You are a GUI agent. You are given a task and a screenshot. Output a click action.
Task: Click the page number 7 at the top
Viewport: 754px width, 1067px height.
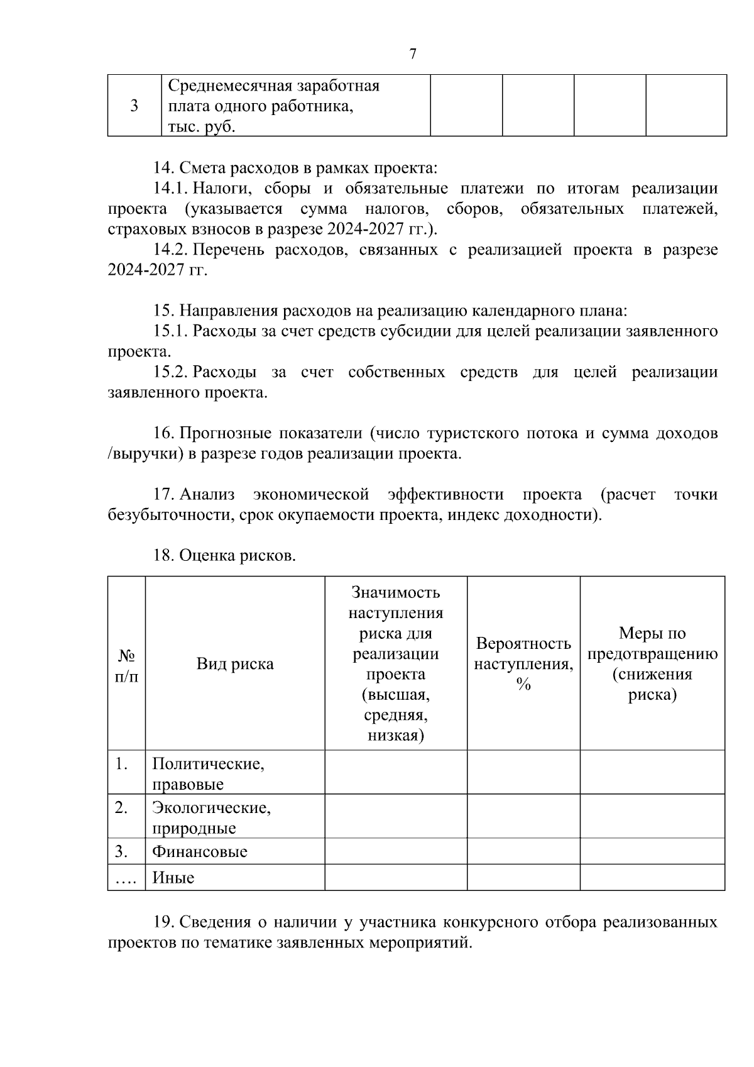pyautogui.click(x=413, y=54)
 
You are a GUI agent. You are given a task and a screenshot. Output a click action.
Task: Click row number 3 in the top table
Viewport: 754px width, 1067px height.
pyautogui.click(x=134, y=106)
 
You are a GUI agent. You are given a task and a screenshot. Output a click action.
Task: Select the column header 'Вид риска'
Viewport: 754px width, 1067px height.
pyautogui.click(x=235, y=664)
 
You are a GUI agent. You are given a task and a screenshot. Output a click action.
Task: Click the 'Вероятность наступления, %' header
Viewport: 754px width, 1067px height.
pyautogui.click(x=523, y=664)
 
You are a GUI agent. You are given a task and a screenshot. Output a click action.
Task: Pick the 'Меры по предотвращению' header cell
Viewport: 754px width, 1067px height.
pyautogui.click(x=652, y=664)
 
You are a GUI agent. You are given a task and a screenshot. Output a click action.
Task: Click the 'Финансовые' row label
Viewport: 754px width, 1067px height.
pyautogui.click(x=200, y=852)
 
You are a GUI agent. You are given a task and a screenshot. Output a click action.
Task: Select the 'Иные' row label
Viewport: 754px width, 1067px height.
pyautogui.click(x=173, y=878)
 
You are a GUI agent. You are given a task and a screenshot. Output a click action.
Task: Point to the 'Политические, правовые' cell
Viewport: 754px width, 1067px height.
pyautogui.click(x=208, y=774)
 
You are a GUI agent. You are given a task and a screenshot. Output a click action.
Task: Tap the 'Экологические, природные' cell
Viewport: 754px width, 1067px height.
pyautogui.click(x=211, y=817)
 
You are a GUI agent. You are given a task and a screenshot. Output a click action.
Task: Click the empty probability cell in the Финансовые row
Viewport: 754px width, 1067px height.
pyautogui.click(x=523, y=852)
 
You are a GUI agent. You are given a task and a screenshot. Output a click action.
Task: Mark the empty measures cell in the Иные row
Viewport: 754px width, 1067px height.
pyautogui.click(x=652, y=878)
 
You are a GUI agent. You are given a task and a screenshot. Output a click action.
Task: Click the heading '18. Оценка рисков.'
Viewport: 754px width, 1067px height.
pyautogui.click(x=224, y=556)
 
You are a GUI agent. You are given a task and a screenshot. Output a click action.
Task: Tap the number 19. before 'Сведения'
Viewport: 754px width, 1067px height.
pyautogui.click(x=164, y=923)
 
